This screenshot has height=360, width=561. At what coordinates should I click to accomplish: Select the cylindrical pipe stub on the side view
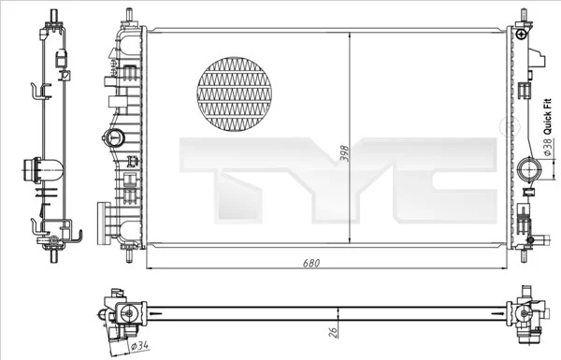pos(42,172)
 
